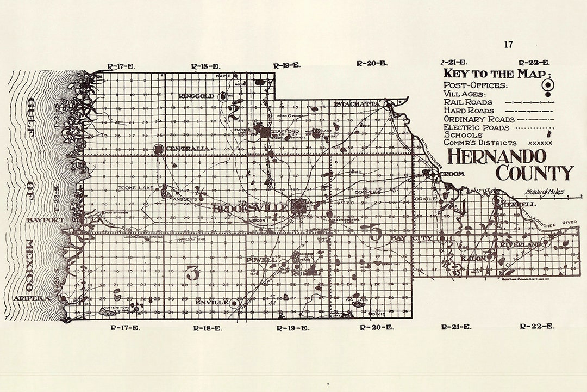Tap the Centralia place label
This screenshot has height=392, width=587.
click(x=188, y=149)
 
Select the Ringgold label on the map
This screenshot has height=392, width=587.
click(x=196, y=96)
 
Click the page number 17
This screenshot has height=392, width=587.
click(x=508, y=45)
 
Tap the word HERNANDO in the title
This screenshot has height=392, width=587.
click(x=496, y=156)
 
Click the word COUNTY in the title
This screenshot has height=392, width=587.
click(x=534, y=173)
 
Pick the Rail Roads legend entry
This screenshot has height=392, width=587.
click(x=468, y=102)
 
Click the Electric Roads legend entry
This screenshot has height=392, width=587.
click(x=476, y=127)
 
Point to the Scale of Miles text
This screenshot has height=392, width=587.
click(x=544, y=192)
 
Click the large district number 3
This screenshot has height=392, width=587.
click(x=192, y=272)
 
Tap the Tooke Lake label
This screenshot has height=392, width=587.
click(x=135, y=188)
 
